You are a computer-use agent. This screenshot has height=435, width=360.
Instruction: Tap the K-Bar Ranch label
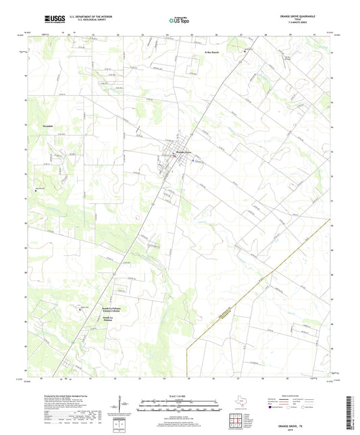[x=211, y=51]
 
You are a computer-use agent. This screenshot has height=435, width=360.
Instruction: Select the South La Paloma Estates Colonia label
[x=112, y=301]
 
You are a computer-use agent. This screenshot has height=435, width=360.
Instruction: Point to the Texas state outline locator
[x=241, y=399]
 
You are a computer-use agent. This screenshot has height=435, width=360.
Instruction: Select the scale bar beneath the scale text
[x=179, y=406]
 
